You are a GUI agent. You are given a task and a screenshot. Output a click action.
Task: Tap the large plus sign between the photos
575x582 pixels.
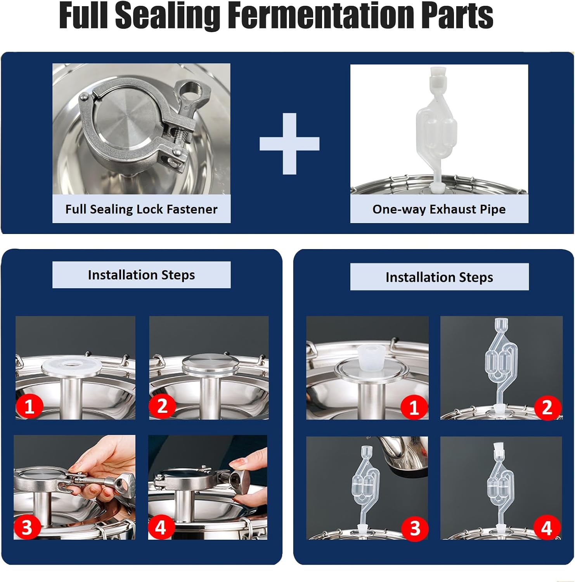tap(289, 144)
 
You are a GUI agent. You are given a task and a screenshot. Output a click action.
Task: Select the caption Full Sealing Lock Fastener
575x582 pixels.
tap(141, 209)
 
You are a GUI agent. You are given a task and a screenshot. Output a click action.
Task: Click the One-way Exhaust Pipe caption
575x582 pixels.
tap(439, 209)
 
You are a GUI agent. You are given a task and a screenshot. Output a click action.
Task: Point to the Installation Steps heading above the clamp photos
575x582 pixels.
tap(141, 275)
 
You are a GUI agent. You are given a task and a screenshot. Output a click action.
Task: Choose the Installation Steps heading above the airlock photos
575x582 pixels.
tap(439, 277)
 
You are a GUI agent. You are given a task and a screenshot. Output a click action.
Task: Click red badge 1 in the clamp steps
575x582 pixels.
tap(29, 406)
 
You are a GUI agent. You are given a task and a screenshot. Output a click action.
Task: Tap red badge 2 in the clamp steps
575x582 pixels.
tap(162, 405)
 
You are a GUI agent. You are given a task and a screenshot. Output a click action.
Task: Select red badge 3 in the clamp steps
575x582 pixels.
tap(27, 527)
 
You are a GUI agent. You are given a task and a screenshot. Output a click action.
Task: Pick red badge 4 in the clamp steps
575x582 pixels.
tap(161, 527)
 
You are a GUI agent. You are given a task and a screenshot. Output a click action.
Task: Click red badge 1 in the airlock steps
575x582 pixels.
tap(414, 407)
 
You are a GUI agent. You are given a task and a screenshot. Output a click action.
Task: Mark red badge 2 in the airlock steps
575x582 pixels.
tap(547, 407)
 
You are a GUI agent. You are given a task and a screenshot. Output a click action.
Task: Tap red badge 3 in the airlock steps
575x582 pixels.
tap(415, 528)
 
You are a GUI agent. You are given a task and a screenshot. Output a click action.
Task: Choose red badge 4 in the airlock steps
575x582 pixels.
tap(546, 528)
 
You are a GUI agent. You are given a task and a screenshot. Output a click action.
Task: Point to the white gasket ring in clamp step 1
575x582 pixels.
tap(71, 365)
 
